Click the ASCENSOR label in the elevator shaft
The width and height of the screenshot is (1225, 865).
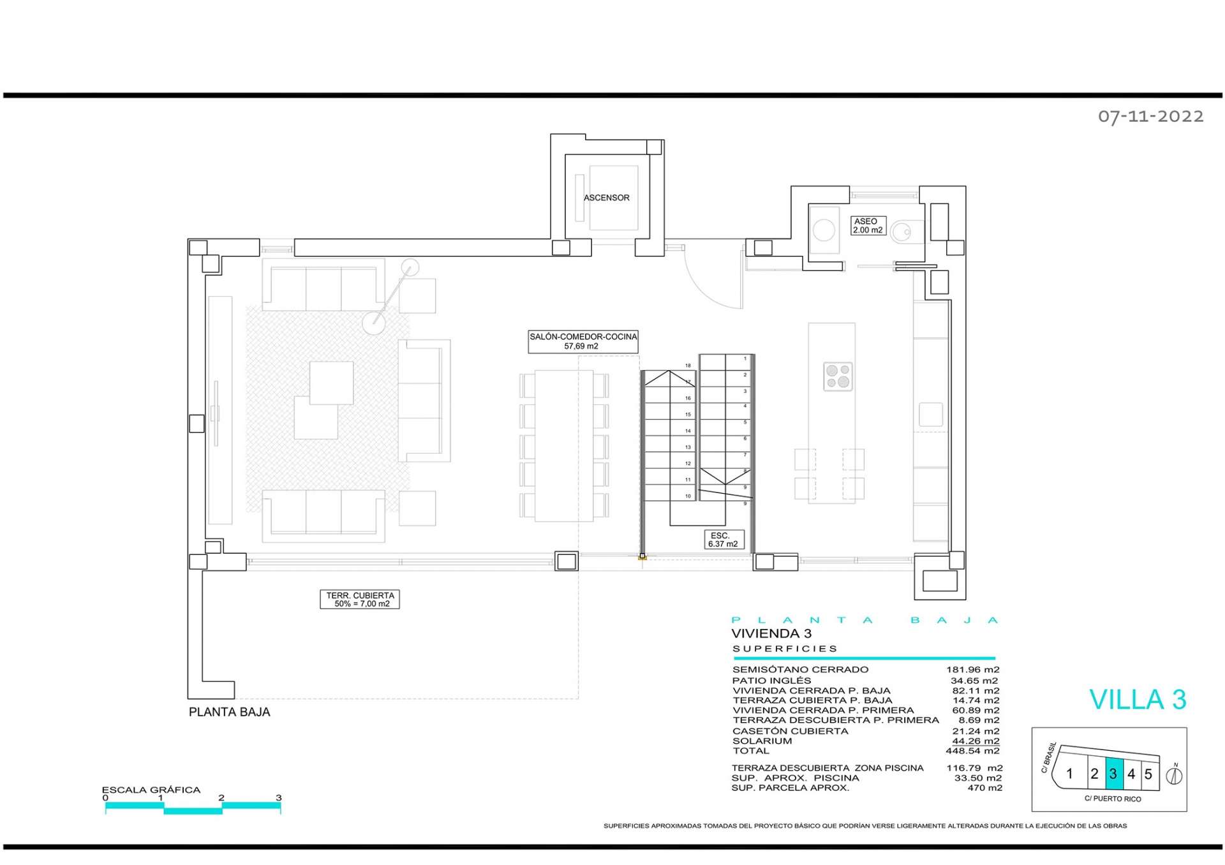click(x=606, y=198)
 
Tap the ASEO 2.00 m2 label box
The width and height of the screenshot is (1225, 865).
click(x=868, y=226)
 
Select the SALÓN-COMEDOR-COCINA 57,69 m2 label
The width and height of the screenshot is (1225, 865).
click(x=583, y=341)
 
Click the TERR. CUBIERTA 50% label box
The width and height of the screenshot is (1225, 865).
click(x=360, y=599)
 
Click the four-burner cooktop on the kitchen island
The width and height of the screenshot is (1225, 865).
click(x=838, y=376)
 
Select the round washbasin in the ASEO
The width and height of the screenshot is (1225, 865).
click(x=824, y=230)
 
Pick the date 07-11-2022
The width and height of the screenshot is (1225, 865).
click(x=1150, y=116)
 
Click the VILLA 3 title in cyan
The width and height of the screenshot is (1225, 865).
click(x=1138, y=700)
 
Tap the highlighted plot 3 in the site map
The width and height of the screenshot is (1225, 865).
click(x=1113, y=774)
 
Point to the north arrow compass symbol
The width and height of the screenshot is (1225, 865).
click(x=1174, y=776)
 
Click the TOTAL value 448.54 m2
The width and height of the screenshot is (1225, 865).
click(x=972, y=751)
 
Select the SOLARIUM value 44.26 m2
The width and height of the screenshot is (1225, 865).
click(x=976, y=741)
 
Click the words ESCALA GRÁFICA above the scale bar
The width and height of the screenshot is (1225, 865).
click(x=151, y=790)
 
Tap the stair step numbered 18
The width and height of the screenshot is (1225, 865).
click(x=688, y=366)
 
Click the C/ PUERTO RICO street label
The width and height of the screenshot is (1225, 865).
click(x=1113, y=799)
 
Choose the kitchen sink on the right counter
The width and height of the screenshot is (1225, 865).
click(x=930, y=415)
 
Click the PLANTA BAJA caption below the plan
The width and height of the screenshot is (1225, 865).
click(x=229, y=712)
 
